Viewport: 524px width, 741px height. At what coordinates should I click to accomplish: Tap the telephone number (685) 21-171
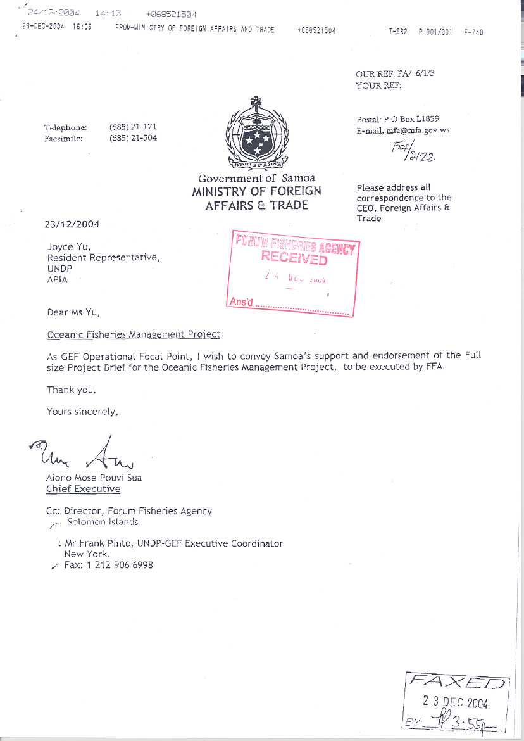(x=133, y=127)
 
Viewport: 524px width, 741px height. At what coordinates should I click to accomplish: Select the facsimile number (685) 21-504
(x=133, y=138)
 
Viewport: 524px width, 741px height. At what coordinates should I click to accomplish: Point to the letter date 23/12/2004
(x=72, y=224)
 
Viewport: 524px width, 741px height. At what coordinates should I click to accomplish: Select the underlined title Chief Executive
(x=83, y=489)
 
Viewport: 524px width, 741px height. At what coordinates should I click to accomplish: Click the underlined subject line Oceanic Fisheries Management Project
(x=134, y=334)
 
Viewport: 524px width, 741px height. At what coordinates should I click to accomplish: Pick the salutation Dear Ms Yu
(x=73, y=312)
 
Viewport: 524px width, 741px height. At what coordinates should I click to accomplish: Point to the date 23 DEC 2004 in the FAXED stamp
(x=456, y=702)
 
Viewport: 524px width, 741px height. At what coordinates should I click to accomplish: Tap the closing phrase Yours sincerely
(x=82, y=412)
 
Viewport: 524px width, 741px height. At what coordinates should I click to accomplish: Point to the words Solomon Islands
(x=103, y=522)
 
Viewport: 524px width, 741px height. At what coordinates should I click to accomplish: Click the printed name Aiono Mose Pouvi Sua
(x=94, y=478)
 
